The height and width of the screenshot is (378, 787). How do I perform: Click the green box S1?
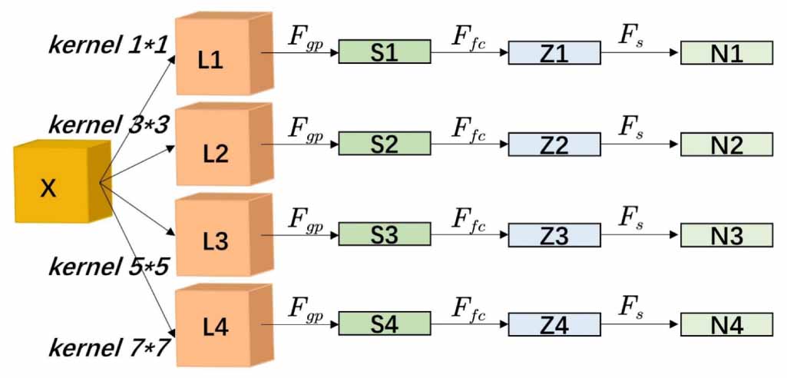tap(384, 52)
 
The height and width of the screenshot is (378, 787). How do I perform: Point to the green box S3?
tap(384, 234)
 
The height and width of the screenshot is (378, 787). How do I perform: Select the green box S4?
tap(384, 323)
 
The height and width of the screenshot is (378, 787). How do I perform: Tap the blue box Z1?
tap(554, 53)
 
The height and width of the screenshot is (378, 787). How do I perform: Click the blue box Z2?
tap(554, 144)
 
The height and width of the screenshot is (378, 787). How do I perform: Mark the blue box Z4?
tap(554, 324)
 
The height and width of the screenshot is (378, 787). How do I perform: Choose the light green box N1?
tap(726, 53)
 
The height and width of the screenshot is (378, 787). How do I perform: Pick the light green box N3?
tap(726, 234)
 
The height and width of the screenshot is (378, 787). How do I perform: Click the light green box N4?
tap(726, 324)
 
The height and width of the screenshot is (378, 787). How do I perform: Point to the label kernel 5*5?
tap(108, 267)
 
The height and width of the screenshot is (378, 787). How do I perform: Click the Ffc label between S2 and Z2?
tap(468, 127)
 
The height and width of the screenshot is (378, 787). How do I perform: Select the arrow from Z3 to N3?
tap(640, 234)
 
